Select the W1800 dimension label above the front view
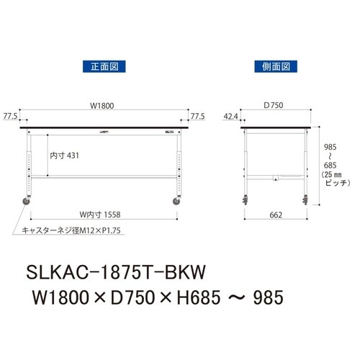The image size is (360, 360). click(102, 106)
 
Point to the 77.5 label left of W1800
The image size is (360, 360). click(10, 115)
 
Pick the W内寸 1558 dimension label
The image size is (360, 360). click(101, 214)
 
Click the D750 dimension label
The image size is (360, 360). click(273, 106)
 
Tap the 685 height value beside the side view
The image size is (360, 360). click(328, 165)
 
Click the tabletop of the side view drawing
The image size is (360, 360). click(276, 128)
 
